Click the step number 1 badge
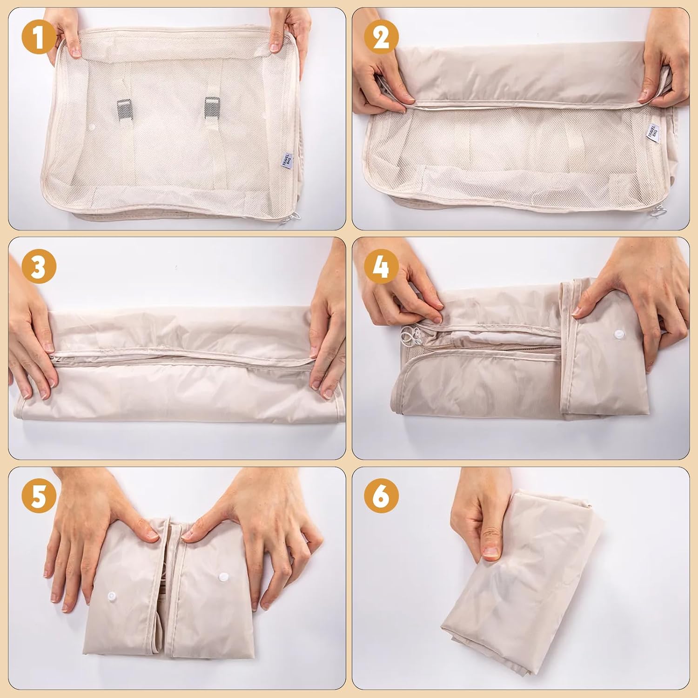tap(39, 37)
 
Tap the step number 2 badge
tap(381, 37)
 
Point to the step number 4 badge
tap(381, 267)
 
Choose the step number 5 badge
tap(39, 497)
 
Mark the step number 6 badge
tap(381, 497)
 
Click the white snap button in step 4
tap(618, 334)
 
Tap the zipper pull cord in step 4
tap(409, 337)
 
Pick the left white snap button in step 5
tap(111, 597)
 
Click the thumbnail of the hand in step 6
tap(490, 552)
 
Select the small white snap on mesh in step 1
tap(93, 127)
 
